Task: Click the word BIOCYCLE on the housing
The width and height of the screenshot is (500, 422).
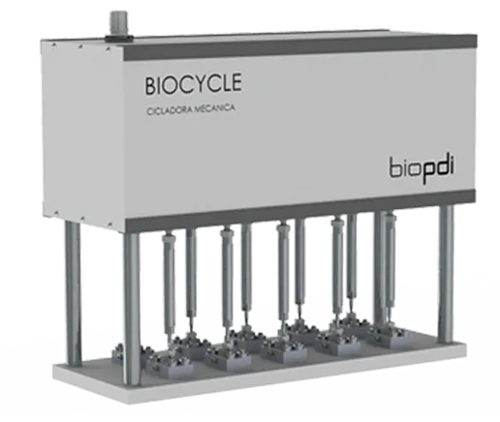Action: tap(193, 84)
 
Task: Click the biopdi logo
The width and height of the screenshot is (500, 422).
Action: tap(422, 169)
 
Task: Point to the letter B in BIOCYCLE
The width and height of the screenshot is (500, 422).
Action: tap(150, 85)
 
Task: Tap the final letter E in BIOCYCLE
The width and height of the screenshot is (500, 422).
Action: tap(236, 82)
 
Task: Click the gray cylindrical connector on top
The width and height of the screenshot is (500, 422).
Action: tap(118, 26)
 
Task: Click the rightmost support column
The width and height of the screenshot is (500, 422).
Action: tap(446, 274)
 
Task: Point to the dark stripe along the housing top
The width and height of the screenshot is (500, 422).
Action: tap(299, 46)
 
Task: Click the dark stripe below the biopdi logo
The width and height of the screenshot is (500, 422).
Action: tap(299, 210)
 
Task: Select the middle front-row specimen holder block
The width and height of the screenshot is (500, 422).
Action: tap(284, 351)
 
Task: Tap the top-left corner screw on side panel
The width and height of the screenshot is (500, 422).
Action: tap(53, 45)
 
